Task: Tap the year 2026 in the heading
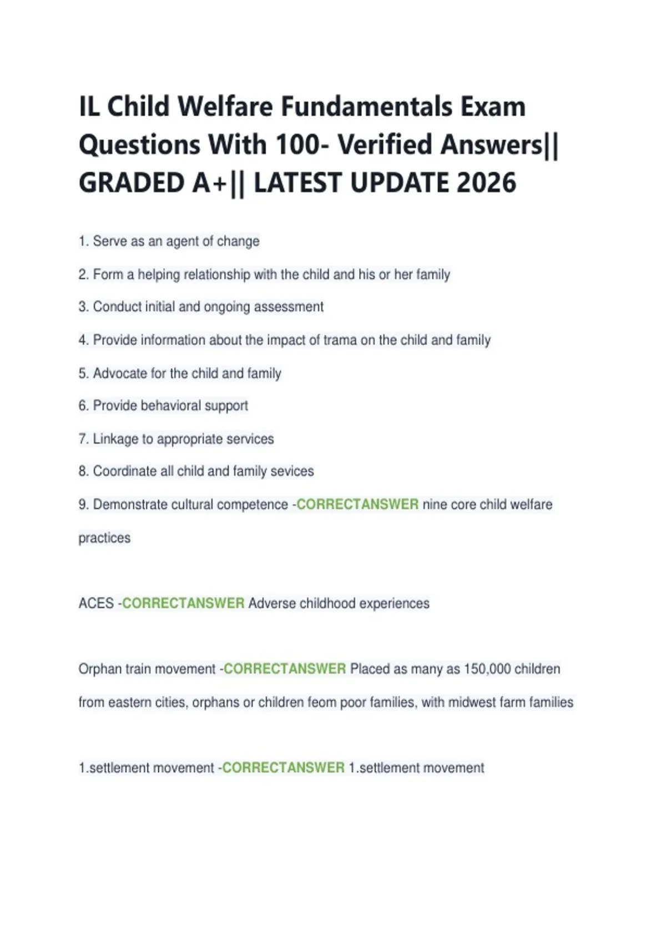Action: click(486, 183)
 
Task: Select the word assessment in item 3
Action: click(289, 307)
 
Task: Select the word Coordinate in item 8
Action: click(125, 471)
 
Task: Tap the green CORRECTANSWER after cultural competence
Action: click(357, 504)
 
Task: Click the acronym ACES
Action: click(96, 604)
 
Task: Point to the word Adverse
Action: click(272, 604)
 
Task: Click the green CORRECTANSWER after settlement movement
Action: click(283, 768)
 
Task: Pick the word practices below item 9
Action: click(104, 538)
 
